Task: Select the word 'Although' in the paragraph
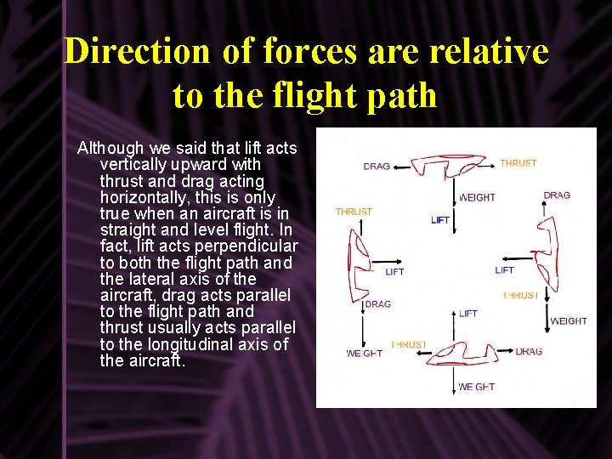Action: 110,149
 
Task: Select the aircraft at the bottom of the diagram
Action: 459,353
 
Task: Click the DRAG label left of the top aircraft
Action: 377,166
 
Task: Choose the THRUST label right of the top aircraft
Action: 518,162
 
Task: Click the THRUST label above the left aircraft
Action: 354,212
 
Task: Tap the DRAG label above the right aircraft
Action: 557,195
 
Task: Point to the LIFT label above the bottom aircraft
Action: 468,314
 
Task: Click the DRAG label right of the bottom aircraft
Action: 528,351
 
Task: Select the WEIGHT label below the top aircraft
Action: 477,197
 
